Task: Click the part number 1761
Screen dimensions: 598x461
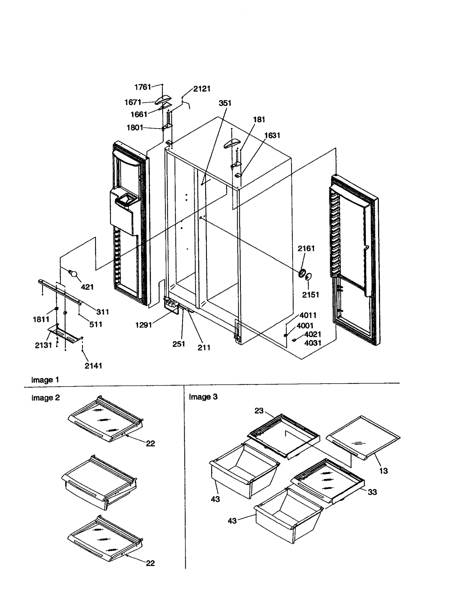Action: click(143, 87)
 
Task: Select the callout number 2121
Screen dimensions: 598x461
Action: click(202, 89)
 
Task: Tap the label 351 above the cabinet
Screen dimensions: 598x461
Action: click(225, 103)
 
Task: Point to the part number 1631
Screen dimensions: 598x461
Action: click(272, 135)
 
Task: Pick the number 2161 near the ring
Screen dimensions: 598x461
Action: click(306, 248)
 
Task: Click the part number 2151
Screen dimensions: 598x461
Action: click(310, 295)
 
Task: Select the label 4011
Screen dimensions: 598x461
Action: click(308, 315)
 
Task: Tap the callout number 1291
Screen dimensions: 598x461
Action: click(143, 325)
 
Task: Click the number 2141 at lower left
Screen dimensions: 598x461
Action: click(93, 366)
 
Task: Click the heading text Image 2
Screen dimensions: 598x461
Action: click(46, 398)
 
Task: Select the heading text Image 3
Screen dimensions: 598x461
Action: click(203, 397)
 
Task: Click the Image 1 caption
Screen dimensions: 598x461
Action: click(45, 380)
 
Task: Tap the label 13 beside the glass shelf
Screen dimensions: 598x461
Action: click(383, 471)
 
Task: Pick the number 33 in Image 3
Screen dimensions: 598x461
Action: click(372, 492)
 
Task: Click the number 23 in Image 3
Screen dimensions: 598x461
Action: click(259, 411)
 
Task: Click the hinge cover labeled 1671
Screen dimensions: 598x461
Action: click(163, 100)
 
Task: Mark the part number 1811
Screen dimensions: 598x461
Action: click(41, 319)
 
